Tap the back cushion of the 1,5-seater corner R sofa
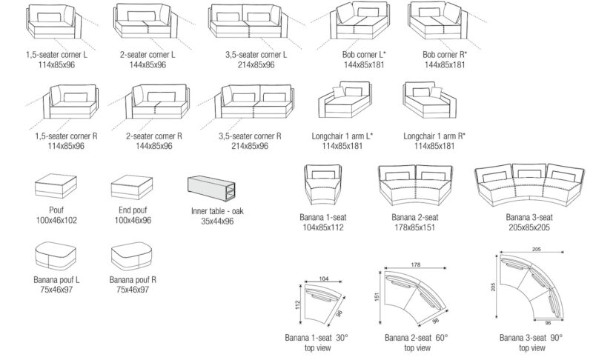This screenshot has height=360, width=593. [74, 97]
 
